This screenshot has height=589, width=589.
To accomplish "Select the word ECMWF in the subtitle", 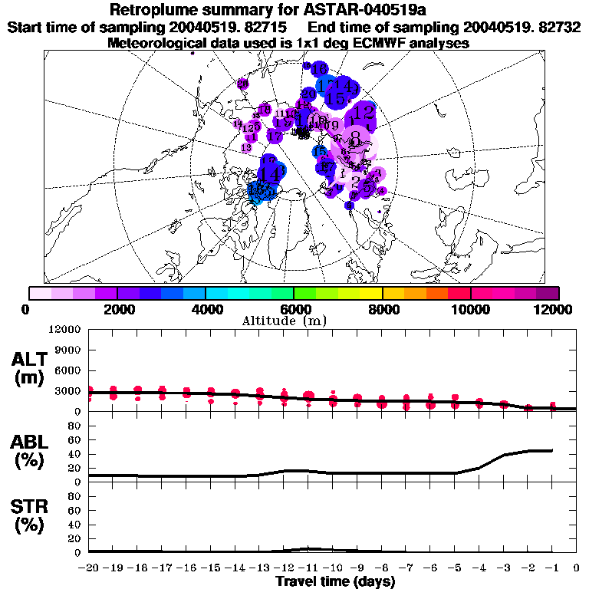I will (x=368, y=43).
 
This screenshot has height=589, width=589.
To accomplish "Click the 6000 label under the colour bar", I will (x=294, y=309).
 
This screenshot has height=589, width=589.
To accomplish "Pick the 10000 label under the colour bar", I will (x=470, y=309).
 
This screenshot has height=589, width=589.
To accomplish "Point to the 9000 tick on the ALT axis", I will (x=71, y=350).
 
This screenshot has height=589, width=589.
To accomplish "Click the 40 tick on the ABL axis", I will (x=76, y=454).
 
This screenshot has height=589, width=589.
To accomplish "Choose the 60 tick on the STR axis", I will (x=76, y=510).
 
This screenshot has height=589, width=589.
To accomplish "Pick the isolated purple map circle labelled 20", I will (x=243, y=84).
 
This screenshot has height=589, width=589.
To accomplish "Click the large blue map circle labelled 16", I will (x=318, y=70).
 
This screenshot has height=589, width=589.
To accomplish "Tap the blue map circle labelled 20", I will (x=308, y=94).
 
